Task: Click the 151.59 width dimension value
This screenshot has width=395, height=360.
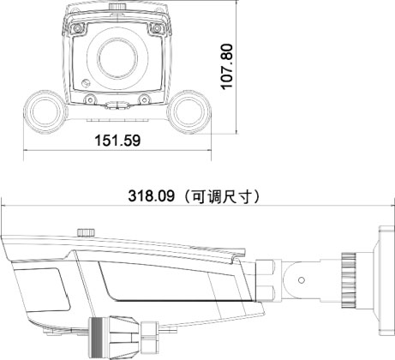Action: coord(117,141)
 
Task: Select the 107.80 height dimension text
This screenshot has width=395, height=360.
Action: coord(228,66)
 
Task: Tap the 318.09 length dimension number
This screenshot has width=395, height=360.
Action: coord(151,196)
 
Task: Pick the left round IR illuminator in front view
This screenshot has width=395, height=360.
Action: coord(45,111)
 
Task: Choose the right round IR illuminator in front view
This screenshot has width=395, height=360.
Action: coord(189,111)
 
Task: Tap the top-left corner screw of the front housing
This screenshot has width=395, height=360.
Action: coord(77,28)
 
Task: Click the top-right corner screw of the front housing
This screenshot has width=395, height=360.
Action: coord(156,28)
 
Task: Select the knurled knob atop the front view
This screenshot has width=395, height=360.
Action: coord(117,6)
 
